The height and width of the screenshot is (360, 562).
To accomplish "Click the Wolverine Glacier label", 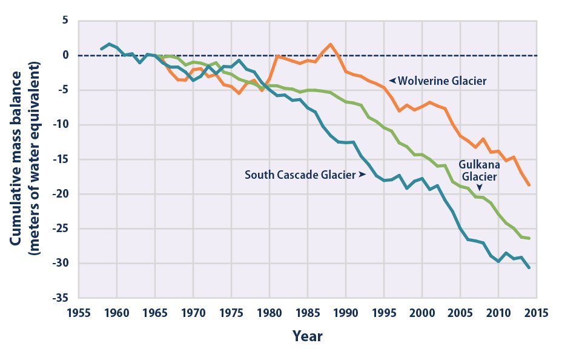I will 443,80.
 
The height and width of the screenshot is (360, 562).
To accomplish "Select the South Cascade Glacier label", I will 300,175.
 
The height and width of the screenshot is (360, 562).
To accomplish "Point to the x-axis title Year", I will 308,336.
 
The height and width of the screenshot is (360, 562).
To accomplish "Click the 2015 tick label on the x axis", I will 536,313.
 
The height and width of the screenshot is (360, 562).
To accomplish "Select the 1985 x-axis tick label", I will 307,313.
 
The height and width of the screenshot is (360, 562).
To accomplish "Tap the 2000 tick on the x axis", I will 421,313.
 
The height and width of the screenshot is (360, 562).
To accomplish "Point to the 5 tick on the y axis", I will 65,21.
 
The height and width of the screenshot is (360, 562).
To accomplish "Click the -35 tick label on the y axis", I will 60,298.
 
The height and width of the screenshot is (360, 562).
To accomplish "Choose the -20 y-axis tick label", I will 60,194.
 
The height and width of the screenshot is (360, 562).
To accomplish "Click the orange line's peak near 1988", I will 330,44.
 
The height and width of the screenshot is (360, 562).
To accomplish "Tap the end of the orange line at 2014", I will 529,185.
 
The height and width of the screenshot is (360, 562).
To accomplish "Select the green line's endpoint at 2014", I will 529,238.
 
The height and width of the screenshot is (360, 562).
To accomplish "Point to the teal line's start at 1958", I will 101,49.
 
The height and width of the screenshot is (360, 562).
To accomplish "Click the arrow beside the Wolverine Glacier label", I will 392,80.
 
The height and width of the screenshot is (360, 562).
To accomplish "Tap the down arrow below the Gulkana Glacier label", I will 480,188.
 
